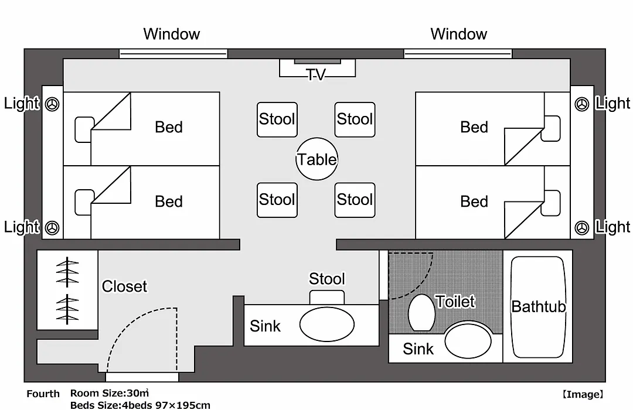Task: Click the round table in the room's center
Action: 316,159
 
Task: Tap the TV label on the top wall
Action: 316,74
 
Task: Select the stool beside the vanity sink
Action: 327,297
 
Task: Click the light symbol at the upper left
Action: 52,104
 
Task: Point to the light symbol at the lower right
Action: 582,228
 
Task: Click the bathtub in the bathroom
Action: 537,307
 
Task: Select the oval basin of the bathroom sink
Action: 468,341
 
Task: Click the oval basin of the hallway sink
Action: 327,324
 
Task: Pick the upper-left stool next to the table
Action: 277,119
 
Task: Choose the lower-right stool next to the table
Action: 355,200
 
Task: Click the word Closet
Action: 124,286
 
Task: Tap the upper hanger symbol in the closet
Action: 67,272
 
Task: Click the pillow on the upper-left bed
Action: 84,129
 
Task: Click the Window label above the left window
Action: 172,34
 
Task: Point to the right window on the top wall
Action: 458,54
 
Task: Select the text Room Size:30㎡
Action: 109,393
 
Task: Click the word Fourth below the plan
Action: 43,394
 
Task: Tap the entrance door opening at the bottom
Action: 142,377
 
